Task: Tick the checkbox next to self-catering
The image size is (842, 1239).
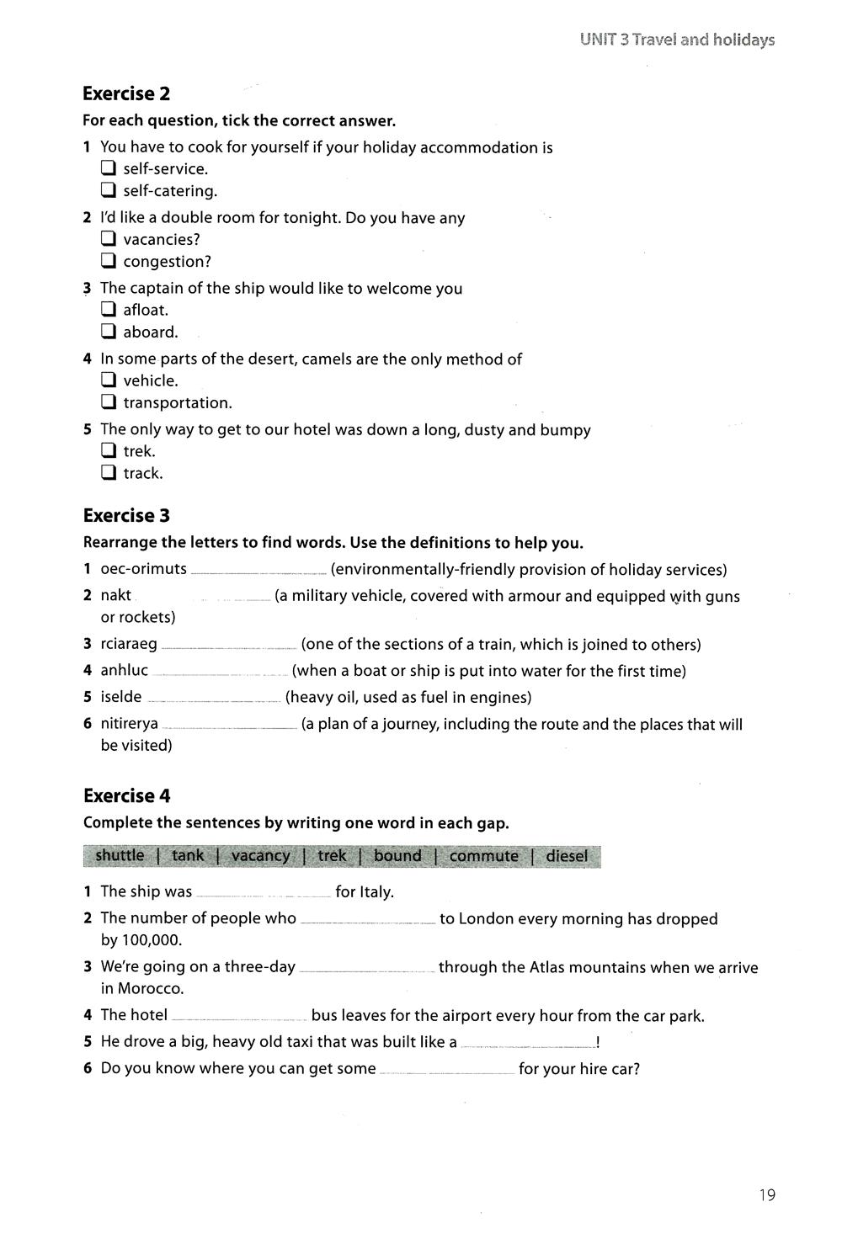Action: (108, 190)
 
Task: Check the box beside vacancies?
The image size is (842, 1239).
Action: (108, 239)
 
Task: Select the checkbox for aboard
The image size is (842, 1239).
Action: (108, 332)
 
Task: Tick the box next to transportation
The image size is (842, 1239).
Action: (108, 402)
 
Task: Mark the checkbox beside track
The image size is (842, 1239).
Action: (108, 473)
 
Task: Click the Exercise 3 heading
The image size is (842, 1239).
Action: (126, 515)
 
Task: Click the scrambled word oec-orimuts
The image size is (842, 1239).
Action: (143, 569)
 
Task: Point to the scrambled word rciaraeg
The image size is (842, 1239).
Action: (129, 645)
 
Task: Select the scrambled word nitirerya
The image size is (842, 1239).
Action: (129, 724)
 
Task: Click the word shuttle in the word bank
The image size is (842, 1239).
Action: (120, 856)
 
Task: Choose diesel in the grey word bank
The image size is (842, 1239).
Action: (567, 856)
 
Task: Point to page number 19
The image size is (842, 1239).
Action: (766, 1195)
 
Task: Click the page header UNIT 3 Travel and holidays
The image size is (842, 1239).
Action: (677, 40)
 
